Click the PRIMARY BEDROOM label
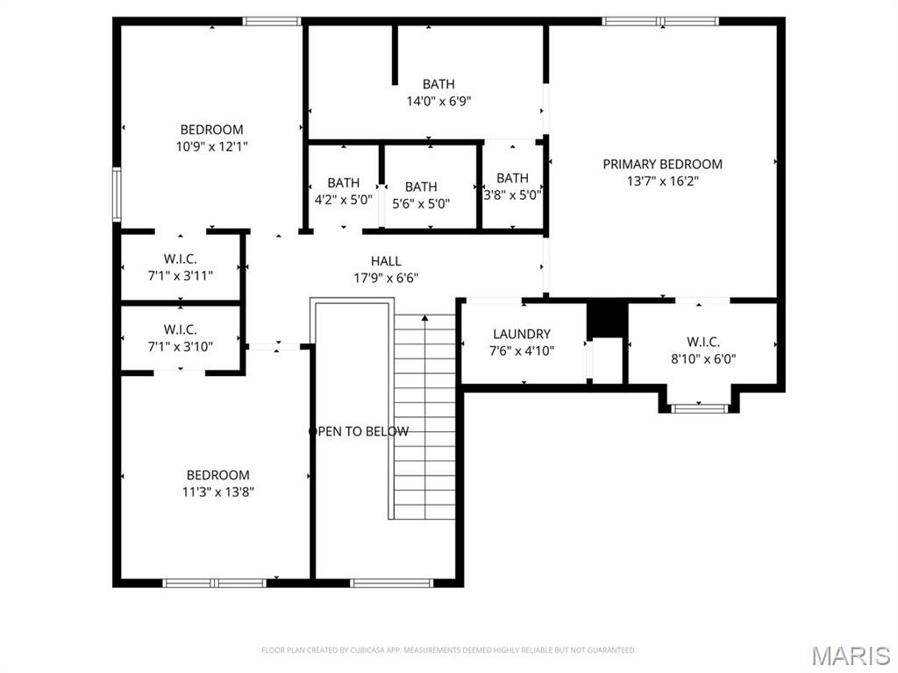coord(663,164)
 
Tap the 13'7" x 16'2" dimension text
coord(663,181)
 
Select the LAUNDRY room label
coord(522,334)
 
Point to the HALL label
coord(386,261)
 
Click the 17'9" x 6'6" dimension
coord(386,278)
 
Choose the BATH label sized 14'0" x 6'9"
coord(438,84)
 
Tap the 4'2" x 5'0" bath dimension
coord(344,200)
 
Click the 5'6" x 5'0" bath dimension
coord(421,203)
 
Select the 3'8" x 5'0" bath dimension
coord(512,195)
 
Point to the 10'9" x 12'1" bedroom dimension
coord(212,146)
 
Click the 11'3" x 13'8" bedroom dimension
coord(218,492)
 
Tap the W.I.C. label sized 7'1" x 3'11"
coord(181,259)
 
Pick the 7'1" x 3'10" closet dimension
coord(181,347)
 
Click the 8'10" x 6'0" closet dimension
coord(703,358)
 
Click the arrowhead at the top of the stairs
coord(424,317)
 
